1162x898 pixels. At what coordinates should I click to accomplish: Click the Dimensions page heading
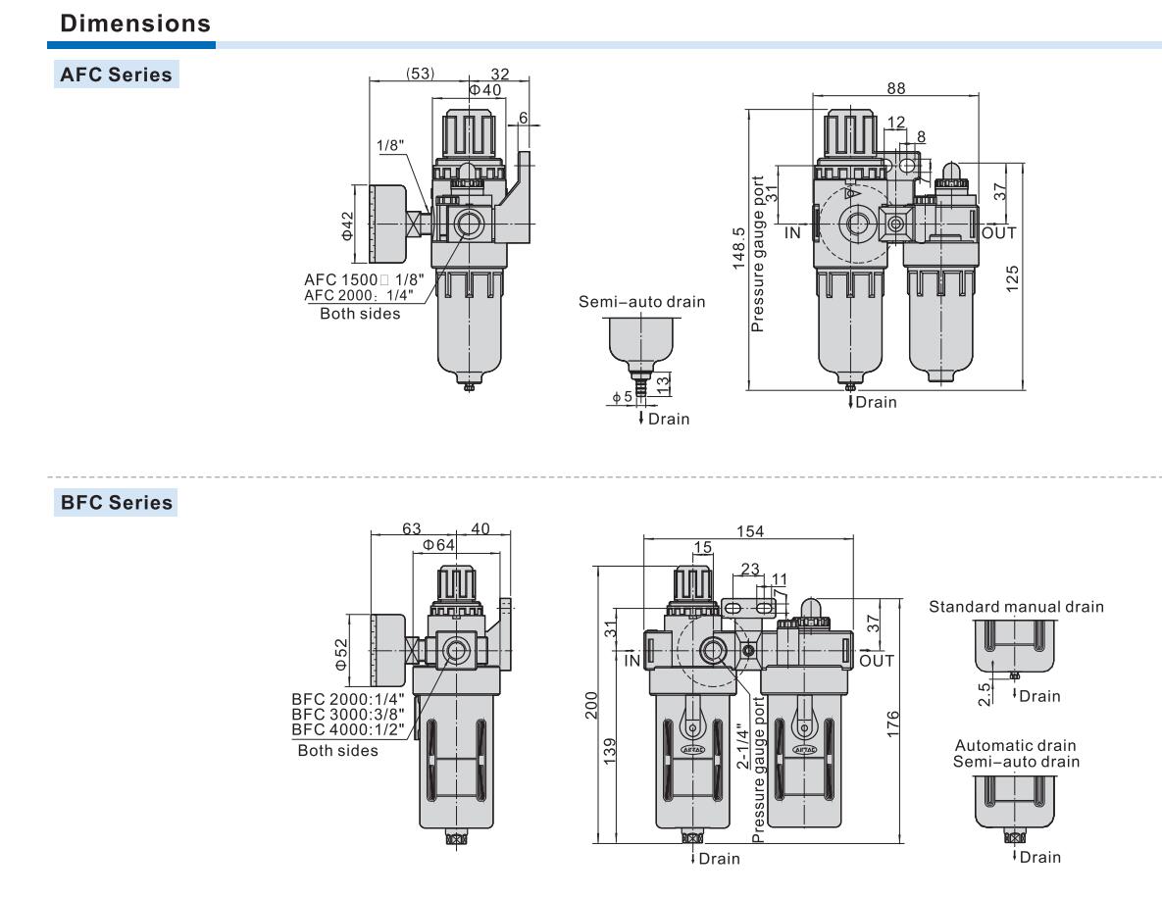[135, 23]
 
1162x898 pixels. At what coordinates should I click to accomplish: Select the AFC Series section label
[116, 75]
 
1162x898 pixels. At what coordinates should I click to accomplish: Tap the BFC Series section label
[116, 503]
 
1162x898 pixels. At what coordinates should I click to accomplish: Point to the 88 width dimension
[895, 87]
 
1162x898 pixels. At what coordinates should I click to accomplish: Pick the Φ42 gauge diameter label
[347, 224]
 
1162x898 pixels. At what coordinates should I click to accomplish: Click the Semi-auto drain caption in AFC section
[641, 302]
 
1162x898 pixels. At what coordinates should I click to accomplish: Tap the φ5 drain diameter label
[622, 397]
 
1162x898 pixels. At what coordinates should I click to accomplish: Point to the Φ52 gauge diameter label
[340, 654]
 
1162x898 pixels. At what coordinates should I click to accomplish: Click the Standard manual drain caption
[1016, 607]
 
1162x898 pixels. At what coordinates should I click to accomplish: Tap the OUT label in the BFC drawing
[877, 661]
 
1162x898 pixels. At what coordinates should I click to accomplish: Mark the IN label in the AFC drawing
[793, 233]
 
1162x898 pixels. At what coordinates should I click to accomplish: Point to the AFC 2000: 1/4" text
[359, 295]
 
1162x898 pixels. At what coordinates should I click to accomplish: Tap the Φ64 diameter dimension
[438, 545]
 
